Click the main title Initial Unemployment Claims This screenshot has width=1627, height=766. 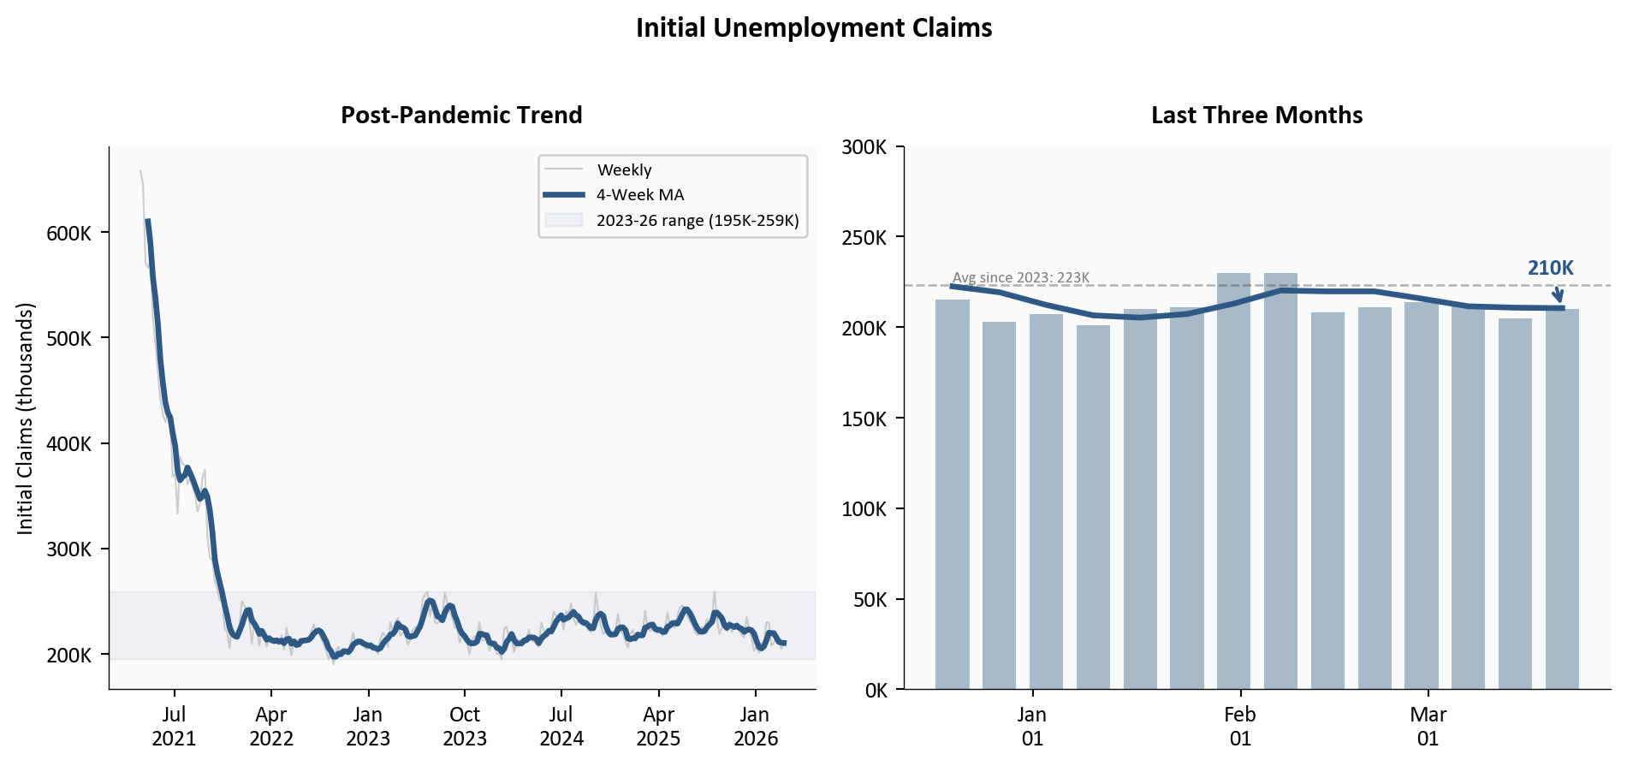coord(813,28)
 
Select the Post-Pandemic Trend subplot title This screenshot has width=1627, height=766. coord(461,115)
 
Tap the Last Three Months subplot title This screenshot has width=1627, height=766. coord(1256,115)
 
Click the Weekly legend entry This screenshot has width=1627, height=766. coord(624,169)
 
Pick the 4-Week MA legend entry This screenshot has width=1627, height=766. coord(640,195)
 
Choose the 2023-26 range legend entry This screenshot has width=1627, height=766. coord(697,221)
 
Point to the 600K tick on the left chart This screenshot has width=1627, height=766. coord(68,234)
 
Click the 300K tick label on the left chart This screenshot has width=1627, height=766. coord(68,549)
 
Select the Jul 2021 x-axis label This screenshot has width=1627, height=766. coord(174,726)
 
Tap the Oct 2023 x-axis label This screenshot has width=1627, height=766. coord(465,726)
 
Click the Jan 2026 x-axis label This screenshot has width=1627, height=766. coord(755,726)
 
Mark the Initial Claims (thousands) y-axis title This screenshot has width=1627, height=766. coord(25,419)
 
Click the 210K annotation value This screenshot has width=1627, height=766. coord(1550,268)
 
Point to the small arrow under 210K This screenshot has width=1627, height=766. coord(1558,294)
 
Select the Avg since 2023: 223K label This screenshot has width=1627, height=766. coord(1021,277)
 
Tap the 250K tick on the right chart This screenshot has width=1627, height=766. coord(864,238)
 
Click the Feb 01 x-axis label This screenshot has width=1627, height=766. coord(1240,726)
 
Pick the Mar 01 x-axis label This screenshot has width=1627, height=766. coord(1428,726)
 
